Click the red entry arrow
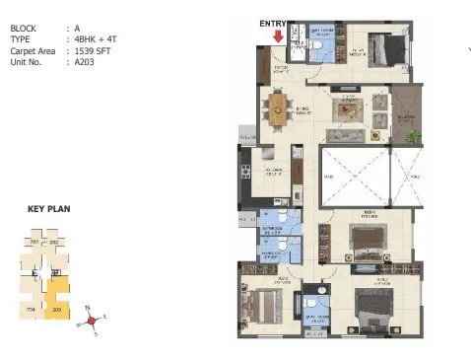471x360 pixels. tap(278, 36)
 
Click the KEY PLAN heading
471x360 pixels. tap(48, 209)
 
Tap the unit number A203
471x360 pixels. tap(87, 61)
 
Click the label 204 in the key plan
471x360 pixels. tap(31, 308)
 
